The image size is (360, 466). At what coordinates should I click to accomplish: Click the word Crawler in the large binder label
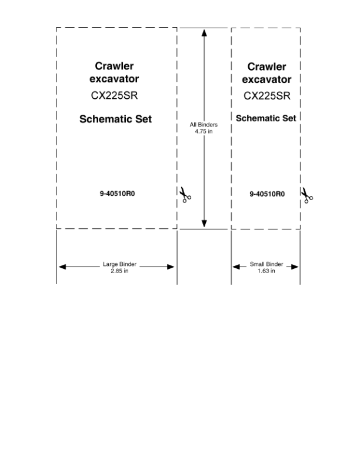[114, 66]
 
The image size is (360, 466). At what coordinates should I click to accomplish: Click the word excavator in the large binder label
[114, 79]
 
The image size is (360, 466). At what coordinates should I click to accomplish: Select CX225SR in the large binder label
[114, 95]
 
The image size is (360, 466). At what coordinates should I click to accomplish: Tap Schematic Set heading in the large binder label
[115, 119]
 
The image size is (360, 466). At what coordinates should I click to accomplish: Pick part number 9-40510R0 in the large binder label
[117, 194]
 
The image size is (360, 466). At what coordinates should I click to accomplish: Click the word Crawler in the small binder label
[266, 66]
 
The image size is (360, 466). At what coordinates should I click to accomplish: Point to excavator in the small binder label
[266, 79]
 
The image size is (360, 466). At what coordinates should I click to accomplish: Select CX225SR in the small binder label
[267, 96]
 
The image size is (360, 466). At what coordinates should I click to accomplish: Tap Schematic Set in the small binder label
[266, 118]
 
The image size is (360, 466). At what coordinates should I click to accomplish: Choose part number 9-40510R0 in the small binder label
[267, 194]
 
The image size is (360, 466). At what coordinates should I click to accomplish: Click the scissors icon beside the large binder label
[185, 195]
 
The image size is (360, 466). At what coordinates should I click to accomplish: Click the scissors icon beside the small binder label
[307, 195]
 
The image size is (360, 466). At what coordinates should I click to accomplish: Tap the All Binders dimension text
[204, 125]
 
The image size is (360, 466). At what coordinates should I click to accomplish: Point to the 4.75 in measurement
[204, 131]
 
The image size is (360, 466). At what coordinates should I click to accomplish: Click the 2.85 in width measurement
[119, 271]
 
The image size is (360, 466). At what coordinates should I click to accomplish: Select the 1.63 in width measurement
[266, 271]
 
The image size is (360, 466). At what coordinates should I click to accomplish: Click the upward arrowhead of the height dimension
[204, 33]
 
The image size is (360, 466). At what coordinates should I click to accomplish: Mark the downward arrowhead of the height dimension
[204, 224]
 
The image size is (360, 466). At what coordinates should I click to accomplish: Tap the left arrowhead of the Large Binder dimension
[62, 267]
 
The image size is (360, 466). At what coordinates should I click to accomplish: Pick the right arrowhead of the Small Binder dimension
[295, 267]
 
